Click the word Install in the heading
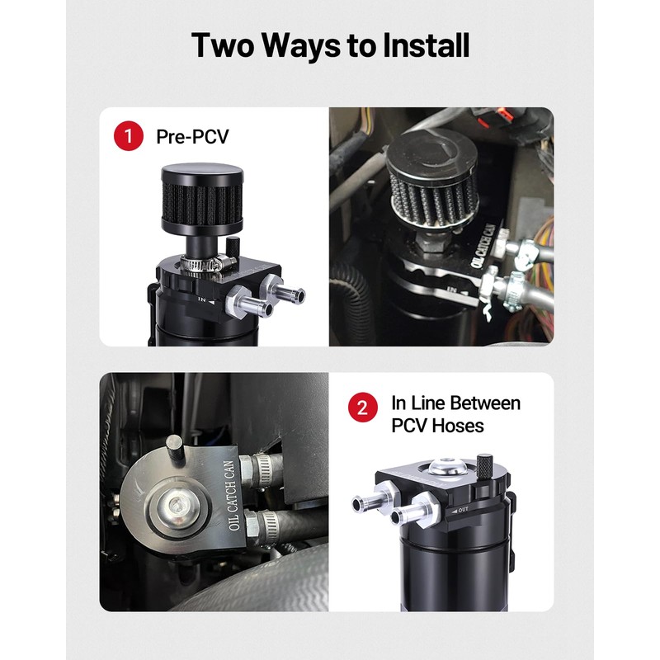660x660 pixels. tap(426, 45)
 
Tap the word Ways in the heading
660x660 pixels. tap(301, 45)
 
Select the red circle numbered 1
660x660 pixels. tap(129, 135)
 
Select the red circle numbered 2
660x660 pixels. tap(362, 407)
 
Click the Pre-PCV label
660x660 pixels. tap(192, 136)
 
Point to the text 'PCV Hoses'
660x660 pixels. tap(437, 426)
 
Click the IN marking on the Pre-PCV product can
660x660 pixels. tap(202, 299)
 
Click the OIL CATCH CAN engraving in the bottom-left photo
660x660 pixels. tap(233, 496)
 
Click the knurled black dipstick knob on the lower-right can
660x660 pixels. tap(484, 464)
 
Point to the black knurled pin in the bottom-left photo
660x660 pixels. tap(175, 450)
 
